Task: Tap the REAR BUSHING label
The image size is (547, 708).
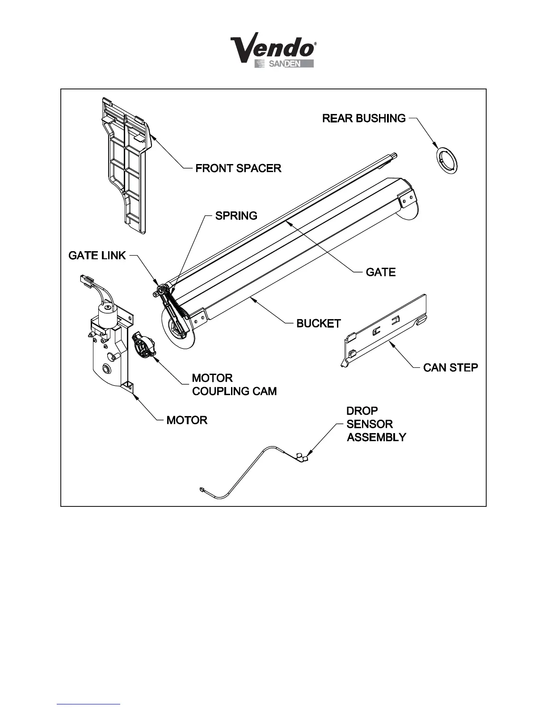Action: click(x=364, y=118)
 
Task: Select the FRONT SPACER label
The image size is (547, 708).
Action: click(x=238, y=169)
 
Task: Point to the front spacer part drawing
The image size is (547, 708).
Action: click(x=124, y=165)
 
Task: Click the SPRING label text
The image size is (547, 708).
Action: click(x=236, y=216)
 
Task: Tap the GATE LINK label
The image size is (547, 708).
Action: click(x=97, y=256)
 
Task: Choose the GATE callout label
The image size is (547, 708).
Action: click(x=380, y=272)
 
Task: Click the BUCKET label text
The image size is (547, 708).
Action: click(x=319, y=324)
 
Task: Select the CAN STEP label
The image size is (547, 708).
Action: click(x=450, y=367)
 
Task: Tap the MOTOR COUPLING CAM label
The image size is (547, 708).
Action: click(x=234, y=385)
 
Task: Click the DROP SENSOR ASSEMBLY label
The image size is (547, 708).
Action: click(x=376, y=424)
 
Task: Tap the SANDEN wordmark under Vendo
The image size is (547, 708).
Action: click(x=284, y=64)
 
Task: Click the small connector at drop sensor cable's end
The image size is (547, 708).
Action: click(x=202, y=490)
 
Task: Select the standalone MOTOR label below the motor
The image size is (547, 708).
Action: click(x=187, y=421)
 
